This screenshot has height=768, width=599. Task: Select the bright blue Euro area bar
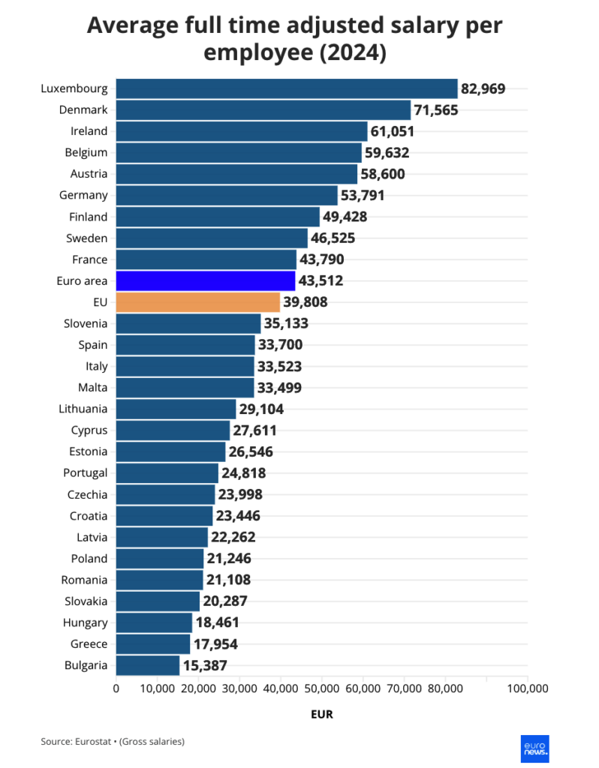206,280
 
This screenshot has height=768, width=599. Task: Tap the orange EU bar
198,302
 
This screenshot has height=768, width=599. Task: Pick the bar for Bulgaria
148,665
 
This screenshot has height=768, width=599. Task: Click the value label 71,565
436,110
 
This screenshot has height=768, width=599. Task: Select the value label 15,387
205,665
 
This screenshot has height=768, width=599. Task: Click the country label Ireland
89,131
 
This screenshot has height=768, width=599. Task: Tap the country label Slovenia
86,324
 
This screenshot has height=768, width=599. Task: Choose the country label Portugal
86,473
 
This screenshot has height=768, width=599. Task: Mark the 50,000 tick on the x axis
322,688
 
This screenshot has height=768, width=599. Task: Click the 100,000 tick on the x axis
528,688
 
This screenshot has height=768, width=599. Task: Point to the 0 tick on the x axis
116,688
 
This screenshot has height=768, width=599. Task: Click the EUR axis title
321,715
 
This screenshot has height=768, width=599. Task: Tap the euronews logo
534,748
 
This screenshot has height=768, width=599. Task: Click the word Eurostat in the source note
95,742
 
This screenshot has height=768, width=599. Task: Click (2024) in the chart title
351,53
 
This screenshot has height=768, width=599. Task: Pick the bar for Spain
185,345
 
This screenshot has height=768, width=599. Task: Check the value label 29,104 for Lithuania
261,409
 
